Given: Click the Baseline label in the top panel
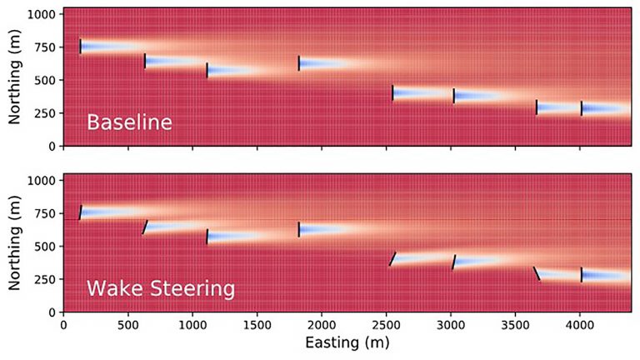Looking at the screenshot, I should click(x=129, y=123).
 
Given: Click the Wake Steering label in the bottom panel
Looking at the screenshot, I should click(x=160, y=290).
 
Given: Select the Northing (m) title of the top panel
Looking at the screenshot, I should click(x=14, y=77).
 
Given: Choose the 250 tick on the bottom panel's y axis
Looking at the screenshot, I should click(x=46, y=279).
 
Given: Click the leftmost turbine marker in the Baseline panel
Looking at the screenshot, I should click(x=81, y=47).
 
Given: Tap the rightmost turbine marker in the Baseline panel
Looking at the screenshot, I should click(x=582, y=108).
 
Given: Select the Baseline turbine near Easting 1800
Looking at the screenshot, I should click(x=299, y=62).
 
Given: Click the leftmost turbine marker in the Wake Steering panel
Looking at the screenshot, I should click(x=81, y=212).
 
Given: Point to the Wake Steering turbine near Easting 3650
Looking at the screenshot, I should click(x=537, y=273).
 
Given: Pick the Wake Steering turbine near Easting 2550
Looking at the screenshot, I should click(x=392, y=258).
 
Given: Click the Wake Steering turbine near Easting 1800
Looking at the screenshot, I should click(x=299, y=229).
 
